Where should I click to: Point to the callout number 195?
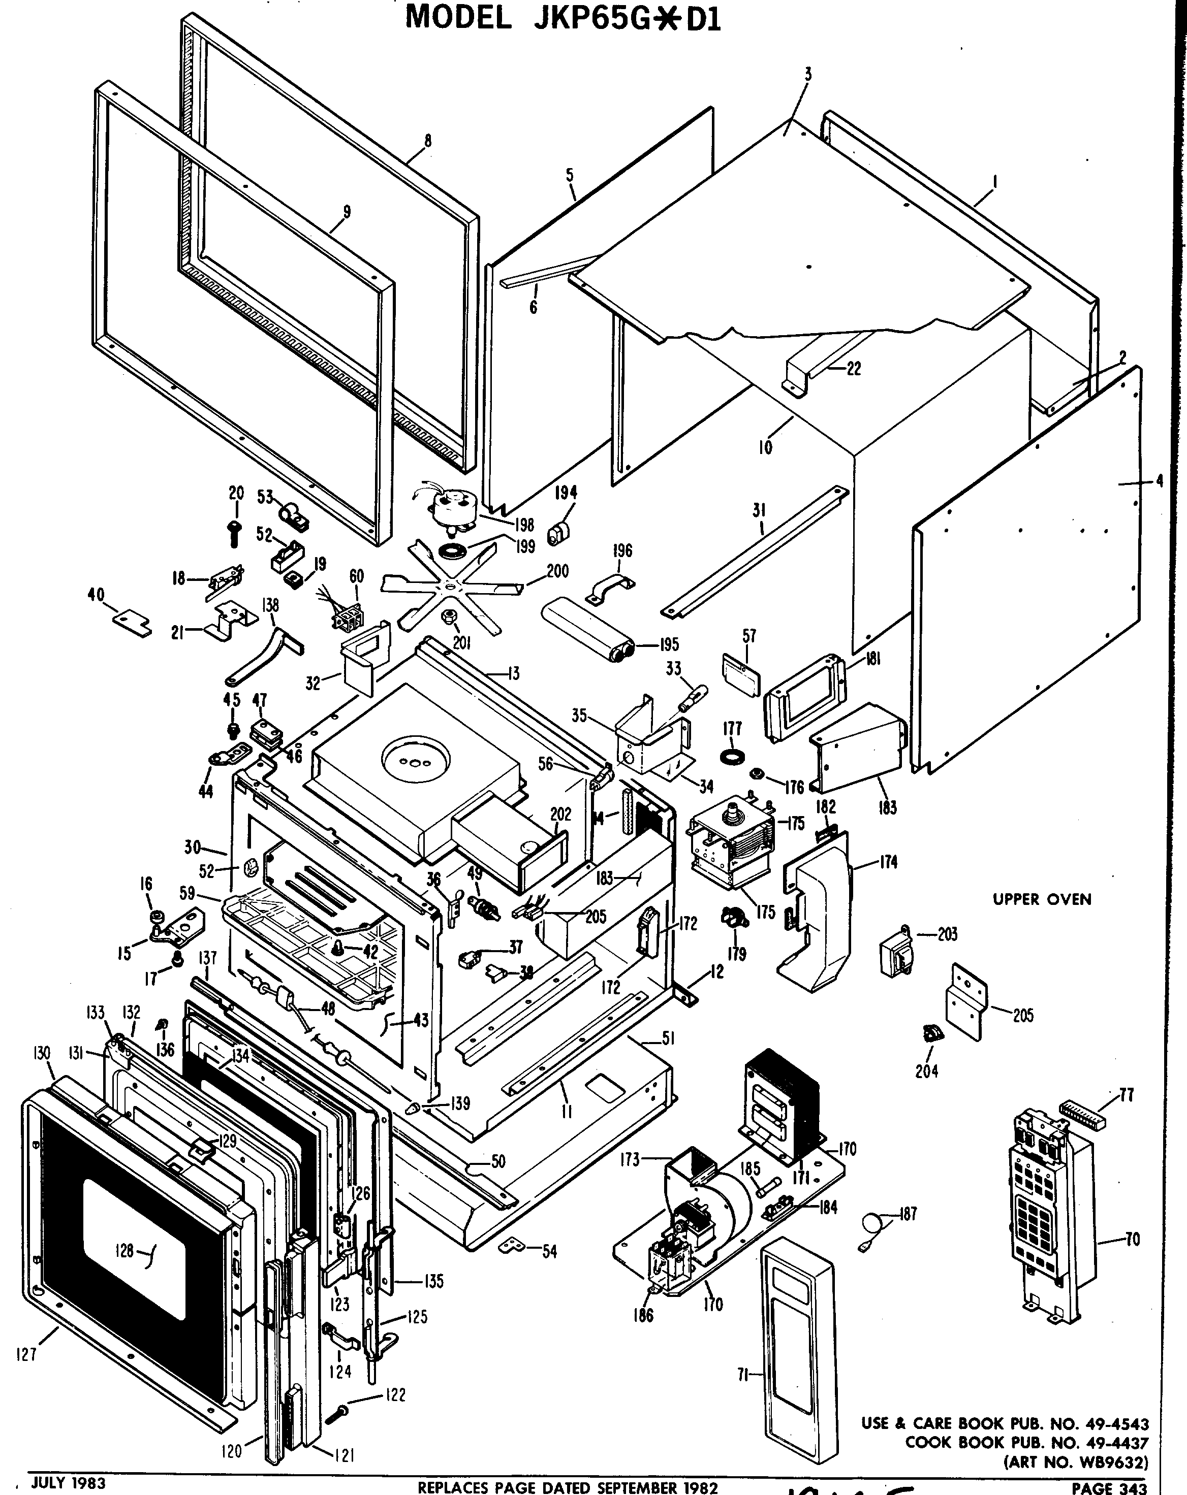point(668,644)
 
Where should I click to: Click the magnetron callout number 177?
point(732,729)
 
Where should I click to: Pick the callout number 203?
point(947,934)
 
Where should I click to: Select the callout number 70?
point(1132,1239)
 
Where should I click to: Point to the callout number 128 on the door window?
point(124,1250)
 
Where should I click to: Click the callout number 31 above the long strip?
point(759,510)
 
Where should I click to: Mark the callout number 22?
point(853,369)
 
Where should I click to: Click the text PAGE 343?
point(1109,1487)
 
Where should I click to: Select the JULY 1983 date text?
point(68,1482)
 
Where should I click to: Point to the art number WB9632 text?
point(1075,1462)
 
